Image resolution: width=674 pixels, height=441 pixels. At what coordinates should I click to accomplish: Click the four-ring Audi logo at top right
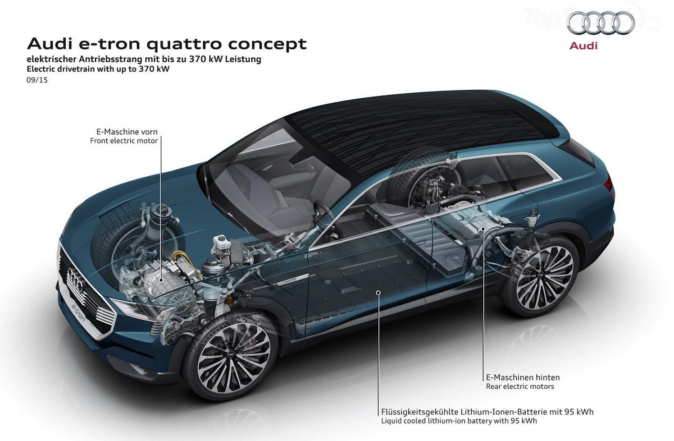601,23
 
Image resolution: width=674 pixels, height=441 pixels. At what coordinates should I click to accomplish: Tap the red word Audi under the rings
583,46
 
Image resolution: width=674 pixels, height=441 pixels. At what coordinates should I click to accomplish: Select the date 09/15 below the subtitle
37,80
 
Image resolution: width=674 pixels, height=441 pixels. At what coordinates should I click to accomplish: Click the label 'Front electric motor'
123,141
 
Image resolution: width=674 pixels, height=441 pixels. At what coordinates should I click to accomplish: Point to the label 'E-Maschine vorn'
127,132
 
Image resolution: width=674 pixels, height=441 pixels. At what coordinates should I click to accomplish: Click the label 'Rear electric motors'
520,386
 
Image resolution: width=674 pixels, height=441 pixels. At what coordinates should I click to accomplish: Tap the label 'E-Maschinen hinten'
523,377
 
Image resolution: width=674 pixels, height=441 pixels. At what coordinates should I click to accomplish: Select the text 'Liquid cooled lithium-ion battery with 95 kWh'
459,421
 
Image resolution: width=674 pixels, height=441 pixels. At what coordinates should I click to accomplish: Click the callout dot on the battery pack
378,292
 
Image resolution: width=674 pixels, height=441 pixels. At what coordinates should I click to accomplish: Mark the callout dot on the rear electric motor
483,229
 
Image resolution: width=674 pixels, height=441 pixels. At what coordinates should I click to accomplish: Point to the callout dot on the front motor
161,280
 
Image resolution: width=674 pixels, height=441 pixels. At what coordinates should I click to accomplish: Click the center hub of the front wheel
231,356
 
